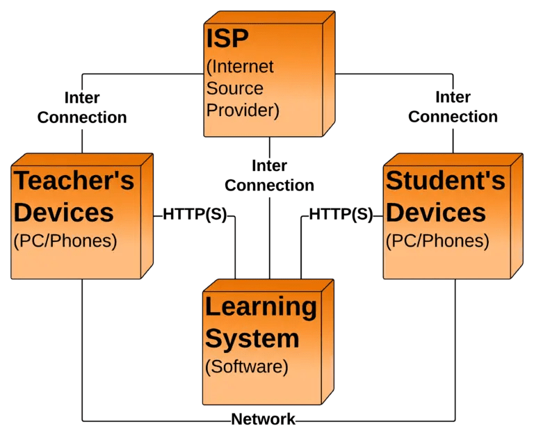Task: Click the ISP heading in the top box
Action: tap(227, 39)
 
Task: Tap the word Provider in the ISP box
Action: tap(243, 110)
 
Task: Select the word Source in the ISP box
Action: tap(235, 88)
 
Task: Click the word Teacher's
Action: tap(74, 181)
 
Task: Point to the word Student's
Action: tap(445, 181)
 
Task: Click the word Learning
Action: tap(261, 306)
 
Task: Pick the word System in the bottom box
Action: tap(252, 338)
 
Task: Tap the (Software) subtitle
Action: tap(247, 366)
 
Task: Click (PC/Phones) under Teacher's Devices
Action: tap(65, 241)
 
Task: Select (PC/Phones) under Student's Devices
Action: tap(437, 241)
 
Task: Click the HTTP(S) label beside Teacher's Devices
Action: tap(195, 215)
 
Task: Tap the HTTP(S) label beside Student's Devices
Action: tap(341, 215)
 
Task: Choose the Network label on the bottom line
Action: tap(264, 419)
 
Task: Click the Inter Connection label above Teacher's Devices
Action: tap(82, 108)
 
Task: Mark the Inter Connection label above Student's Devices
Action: tap(453, 108)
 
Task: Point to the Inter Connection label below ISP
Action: tap(270, 176)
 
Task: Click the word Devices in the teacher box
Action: tap(63, 212)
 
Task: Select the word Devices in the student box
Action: tap(436, 212)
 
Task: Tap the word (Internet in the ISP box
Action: tap(241, 67)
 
